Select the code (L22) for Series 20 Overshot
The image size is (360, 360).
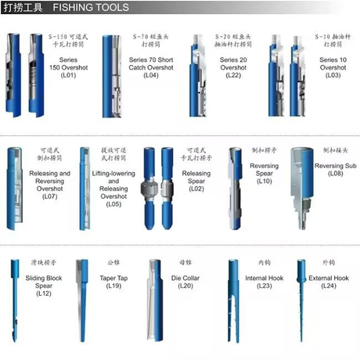coord(232,75)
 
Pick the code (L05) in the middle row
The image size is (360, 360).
coord(113,204)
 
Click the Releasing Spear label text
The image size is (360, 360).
coord(196,177)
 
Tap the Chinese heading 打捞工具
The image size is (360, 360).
coord(21,8)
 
